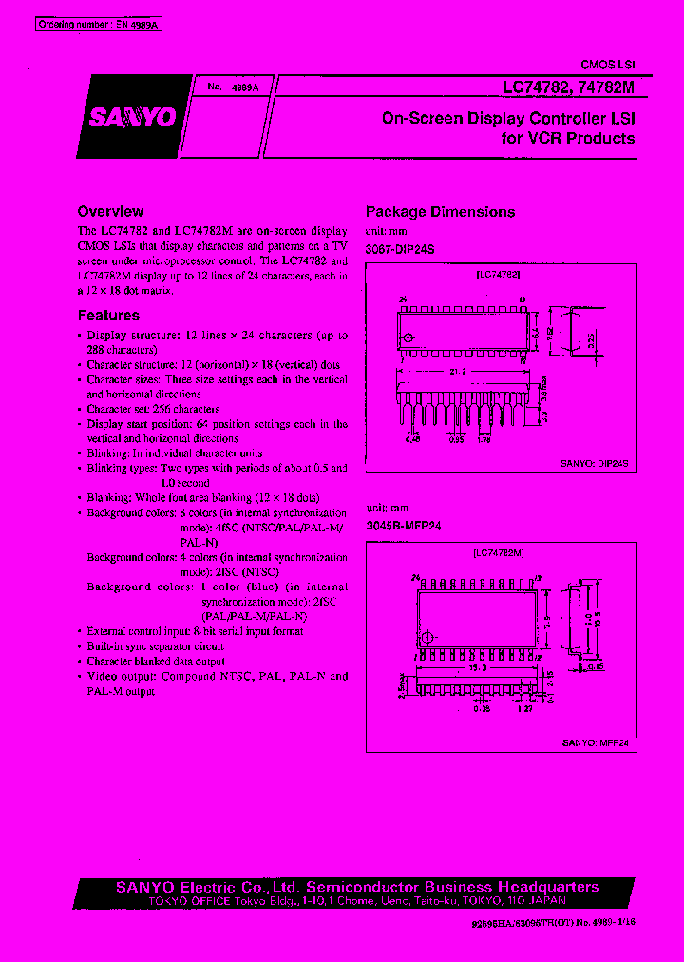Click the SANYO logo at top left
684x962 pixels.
pos(134,117)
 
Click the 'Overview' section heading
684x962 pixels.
pos(110,212)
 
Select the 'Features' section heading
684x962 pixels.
pos(108,316)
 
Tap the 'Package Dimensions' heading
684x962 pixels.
pos(441,212)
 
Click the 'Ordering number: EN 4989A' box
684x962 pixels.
pos(99,25)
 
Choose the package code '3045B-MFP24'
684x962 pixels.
pos(403,525)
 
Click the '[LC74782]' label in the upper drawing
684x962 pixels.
pos(498,274)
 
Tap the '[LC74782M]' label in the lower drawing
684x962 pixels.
pos(500,551)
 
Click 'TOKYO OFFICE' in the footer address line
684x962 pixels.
pos(157,900)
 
